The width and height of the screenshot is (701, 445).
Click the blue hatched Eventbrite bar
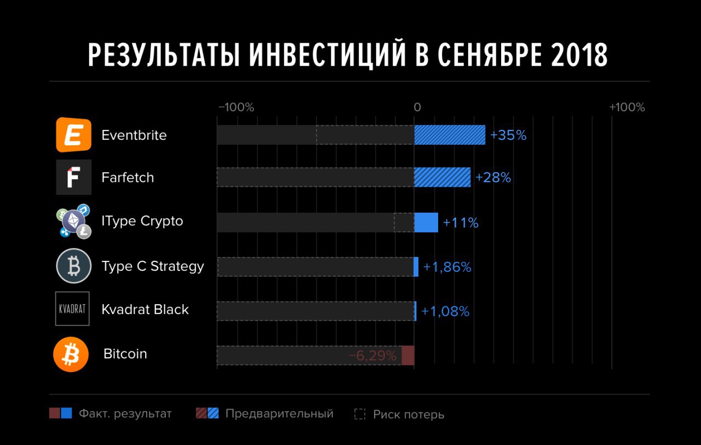450,135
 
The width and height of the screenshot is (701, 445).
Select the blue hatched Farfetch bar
442,178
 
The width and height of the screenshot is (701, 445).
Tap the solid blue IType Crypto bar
426,222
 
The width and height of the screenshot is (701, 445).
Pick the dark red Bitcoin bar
408,356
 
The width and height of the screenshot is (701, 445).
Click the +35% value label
508,135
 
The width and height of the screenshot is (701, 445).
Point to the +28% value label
493,178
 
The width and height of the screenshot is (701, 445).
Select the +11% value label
461,223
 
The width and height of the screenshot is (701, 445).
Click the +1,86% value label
447,267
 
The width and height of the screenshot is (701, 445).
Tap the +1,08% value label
444,312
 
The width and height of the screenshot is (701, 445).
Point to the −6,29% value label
372,356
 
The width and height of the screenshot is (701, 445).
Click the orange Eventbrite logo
73,135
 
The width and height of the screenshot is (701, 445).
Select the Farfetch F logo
73,178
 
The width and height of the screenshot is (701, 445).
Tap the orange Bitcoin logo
71,355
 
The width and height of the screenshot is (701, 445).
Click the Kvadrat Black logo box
72,309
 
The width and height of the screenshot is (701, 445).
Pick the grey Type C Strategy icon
73,266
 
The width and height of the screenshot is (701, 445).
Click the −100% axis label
236,107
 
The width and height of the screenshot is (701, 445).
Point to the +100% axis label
627,107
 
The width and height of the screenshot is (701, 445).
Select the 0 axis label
417,107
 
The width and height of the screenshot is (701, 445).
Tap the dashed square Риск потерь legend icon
360,414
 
